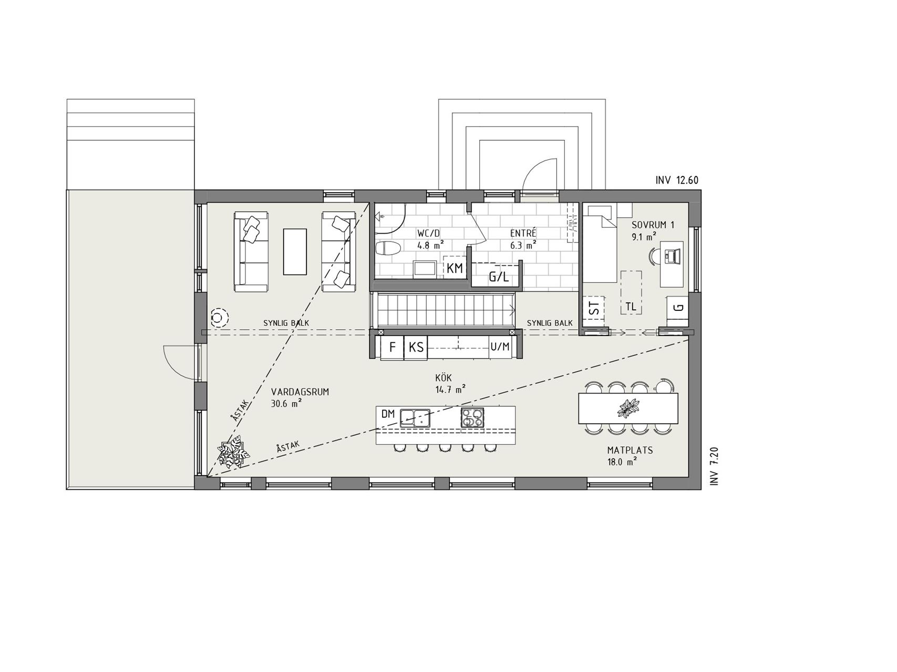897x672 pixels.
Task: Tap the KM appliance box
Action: click(x=455, y=268)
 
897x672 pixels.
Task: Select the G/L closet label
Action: click(x=499, y=277)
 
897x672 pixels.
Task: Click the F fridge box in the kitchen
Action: click(x=391, y=347)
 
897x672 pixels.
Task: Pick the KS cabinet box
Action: click(x=416, y=347)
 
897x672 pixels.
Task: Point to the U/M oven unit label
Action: click(x=500, y=346)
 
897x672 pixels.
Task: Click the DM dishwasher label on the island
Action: click(x=388, y=414)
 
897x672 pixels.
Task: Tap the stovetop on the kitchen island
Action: click(x=472, y=417)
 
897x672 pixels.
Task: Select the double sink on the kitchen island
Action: click(x=415, y=417)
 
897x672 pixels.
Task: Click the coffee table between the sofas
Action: click(x=295, y=251)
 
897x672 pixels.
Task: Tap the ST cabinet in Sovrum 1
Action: click(x=594, y=311)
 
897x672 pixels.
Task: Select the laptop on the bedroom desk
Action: click(x=672, y=256)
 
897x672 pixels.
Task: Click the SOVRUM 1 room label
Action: click(x=653, y=225)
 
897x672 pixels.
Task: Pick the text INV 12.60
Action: click(x=677, y=180)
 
